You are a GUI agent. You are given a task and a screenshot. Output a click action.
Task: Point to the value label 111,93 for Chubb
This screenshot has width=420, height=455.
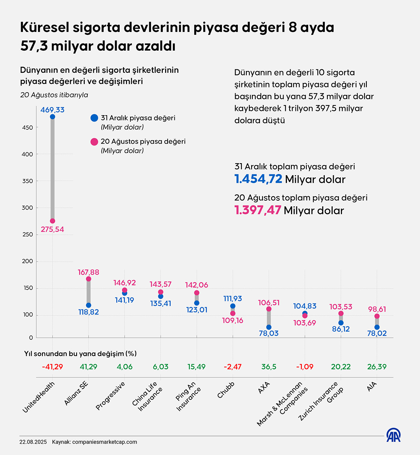[x=232, y=299]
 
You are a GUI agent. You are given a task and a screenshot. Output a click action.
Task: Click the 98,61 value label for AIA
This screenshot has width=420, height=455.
[x=377, y=309]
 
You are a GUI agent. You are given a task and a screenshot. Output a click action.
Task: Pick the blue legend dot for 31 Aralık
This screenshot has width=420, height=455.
[x=94, y=118]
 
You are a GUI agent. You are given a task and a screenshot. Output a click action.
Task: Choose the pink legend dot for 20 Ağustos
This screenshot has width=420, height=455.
[x=94, y=142]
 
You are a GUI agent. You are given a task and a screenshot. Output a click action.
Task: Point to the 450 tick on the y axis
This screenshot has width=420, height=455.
[x=27, y=128]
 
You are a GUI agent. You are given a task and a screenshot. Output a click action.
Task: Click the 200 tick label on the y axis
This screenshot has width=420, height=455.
[x=27, y=261]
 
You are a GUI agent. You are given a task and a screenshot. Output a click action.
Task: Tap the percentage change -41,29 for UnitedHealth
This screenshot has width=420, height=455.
[x=52, y=366]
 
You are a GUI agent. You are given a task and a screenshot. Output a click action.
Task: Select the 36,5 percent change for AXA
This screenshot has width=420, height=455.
[x=268, y=366]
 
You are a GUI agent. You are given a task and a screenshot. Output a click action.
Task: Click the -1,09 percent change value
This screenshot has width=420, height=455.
[x=304, y=366]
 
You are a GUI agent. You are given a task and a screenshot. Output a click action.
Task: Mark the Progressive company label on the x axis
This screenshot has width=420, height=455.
[x=110, y=396]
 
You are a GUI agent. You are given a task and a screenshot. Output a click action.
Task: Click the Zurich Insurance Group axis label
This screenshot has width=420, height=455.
[x=322, y=401]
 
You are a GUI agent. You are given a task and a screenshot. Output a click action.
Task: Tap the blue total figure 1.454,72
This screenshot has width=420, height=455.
[x=258, y=179]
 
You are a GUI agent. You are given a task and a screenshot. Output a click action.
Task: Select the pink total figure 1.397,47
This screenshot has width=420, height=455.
[x=258, y=210]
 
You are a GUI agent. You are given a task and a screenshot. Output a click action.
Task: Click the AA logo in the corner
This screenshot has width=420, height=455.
[x=393, y=435]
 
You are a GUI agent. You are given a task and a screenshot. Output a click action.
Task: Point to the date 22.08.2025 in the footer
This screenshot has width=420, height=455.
[x=33, y=442]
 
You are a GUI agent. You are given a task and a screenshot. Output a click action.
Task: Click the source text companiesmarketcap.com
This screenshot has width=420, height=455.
[x=105, y=442]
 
